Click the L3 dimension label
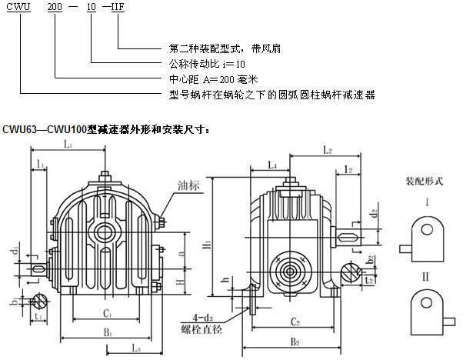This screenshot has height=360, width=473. (x=136, y=346)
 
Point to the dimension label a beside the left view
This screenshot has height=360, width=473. (x=179, y=252)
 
